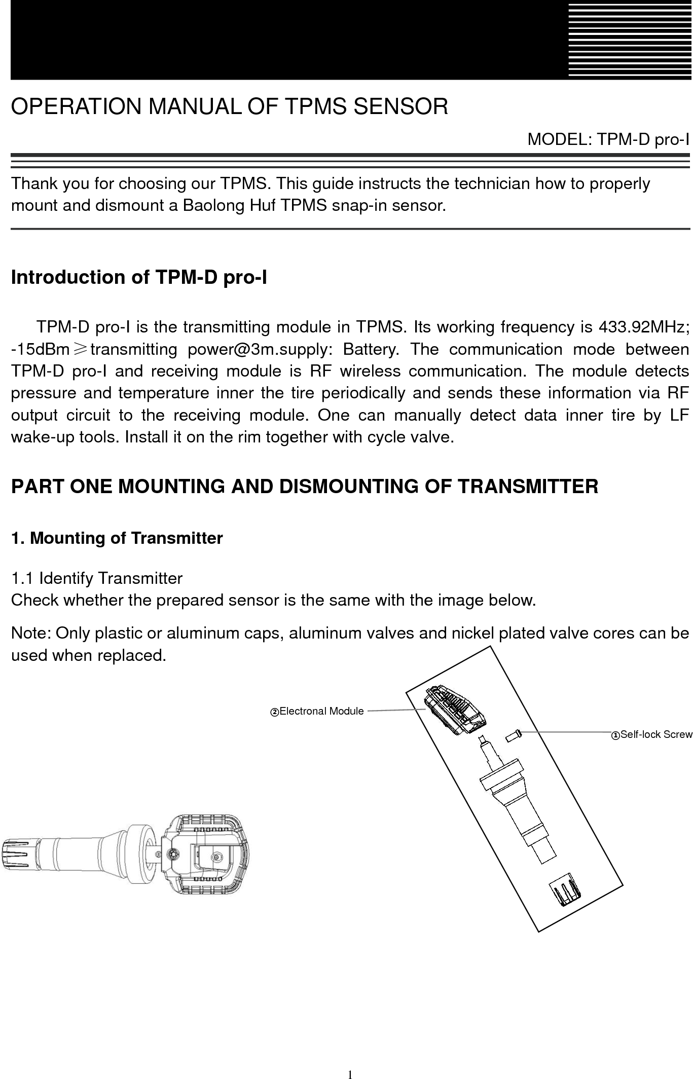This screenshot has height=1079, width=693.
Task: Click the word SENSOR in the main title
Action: click(x=400, y=106)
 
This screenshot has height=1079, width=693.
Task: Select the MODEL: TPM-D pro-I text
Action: click(x=608, y=139)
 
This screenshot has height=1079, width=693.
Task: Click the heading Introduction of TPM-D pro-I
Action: click(x=139, y=278)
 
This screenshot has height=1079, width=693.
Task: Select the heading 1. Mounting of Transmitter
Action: click(x=117, y=538)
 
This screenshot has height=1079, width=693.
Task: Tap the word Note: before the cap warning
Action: click(x=31, y=634)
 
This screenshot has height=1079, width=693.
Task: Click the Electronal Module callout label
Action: click(x=317, y=711)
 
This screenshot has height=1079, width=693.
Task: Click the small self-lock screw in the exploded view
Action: click(x=514, y=735)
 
